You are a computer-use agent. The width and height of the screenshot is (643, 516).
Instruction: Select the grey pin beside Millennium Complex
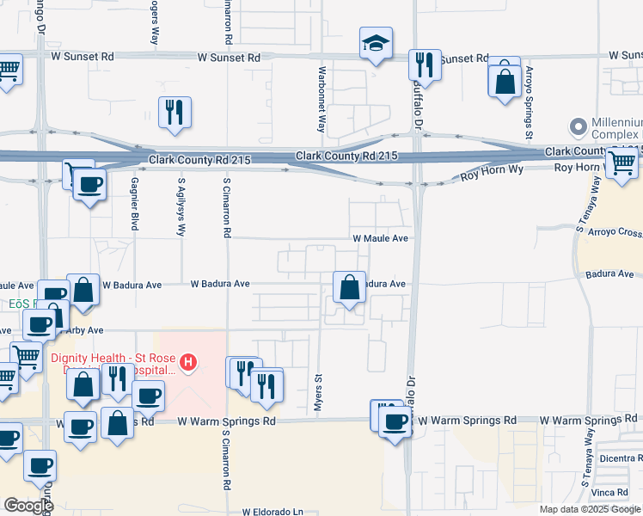point(578,127)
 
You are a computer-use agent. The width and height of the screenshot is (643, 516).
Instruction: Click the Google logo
point(28,506)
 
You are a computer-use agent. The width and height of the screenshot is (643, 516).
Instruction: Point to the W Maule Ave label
point(379,238)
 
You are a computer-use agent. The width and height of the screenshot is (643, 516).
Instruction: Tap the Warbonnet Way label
point(321,98)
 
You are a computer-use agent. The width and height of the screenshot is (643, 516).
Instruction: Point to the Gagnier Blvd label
point(134,205)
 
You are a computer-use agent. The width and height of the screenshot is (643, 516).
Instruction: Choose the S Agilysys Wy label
point(181,207)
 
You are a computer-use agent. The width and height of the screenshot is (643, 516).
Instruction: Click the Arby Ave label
point(83,330)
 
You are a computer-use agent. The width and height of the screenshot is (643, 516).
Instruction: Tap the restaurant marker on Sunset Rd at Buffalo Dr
point(424,64)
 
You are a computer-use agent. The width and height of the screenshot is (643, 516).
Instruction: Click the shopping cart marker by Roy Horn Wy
point(621,163)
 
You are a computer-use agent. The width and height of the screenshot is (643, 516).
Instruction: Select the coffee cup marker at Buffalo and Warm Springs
point(395,421)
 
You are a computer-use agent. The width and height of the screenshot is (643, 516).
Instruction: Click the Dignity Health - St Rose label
point(113,358)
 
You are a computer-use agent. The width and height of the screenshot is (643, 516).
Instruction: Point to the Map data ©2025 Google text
point(590,509)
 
